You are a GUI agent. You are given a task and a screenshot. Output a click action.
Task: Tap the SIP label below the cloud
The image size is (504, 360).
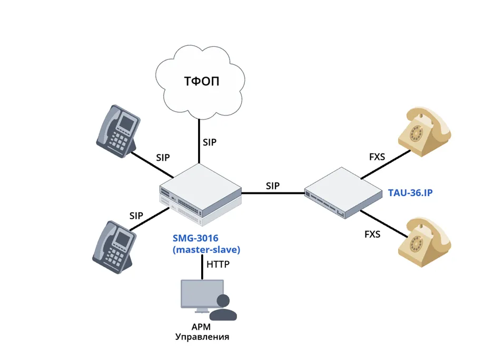pyautogui.click(x=210, y=142)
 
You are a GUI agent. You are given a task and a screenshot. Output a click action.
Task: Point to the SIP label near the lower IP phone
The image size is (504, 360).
pyautogui.click(x=136, y=215)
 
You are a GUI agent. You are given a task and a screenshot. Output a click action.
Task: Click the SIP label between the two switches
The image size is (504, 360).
pyautogui.click(x=272, y=186)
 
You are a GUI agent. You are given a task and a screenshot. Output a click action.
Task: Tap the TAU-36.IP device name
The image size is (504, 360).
pyautogui.click(x=410, y=193)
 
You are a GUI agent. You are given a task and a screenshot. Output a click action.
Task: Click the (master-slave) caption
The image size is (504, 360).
pyautogui.click(x=206, y=250)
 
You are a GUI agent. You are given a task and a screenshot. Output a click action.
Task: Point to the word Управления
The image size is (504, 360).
pyautogui.click(x=202, y=337)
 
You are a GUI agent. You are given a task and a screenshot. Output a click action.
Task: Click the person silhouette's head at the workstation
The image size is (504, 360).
pyautogui.click(x=224, y=301)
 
